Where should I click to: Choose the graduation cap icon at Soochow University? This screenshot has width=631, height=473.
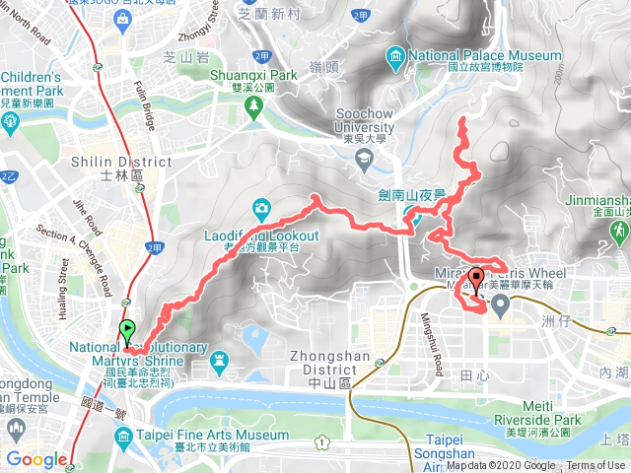click(364, 158)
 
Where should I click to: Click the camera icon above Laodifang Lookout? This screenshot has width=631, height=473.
click(261, 208)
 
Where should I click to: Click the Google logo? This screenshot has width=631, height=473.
click(36, 459)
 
